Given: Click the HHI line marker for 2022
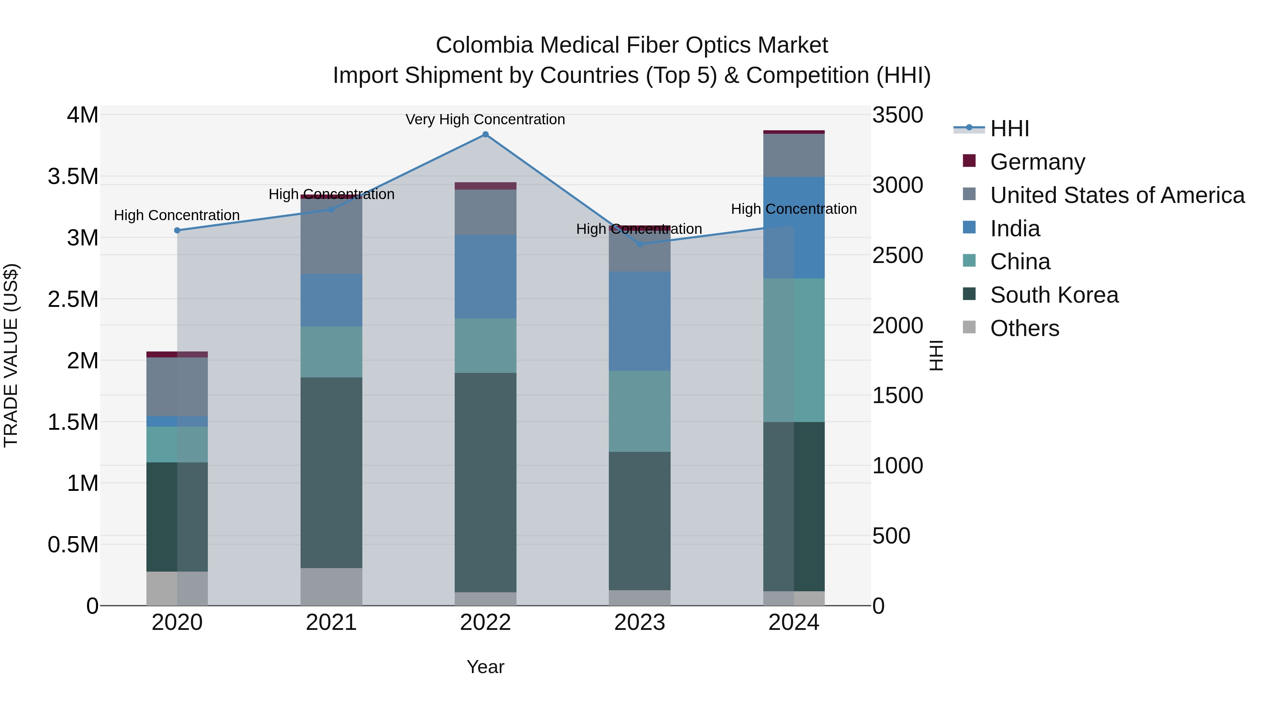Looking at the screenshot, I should click(x=485, y=134).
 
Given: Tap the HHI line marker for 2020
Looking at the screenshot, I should click(x=177, y=230).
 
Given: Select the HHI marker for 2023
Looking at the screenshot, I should click(x=639, y=244).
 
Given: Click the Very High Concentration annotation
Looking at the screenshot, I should click(x=485, y=119).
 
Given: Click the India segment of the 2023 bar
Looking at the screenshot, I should click(x=639, y=321).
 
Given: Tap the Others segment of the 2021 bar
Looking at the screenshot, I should click(x=331, y=586).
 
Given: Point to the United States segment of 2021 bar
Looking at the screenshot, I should click(x=331, y=236).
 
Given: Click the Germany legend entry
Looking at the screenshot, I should click(x=1037, y=162).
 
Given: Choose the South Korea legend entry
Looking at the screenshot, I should click(x=1054, y=295).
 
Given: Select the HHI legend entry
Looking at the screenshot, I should click(x=1009, y=129).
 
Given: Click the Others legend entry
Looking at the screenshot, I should click(x=1025, y=328).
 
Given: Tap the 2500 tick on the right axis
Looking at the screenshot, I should click(x=897, y=255).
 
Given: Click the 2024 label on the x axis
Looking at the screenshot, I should click(x=794, y=623).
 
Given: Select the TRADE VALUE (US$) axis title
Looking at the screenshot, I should click(x=11, y=355).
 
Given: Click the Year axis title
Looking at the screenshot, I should click(x=485, y=667).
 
